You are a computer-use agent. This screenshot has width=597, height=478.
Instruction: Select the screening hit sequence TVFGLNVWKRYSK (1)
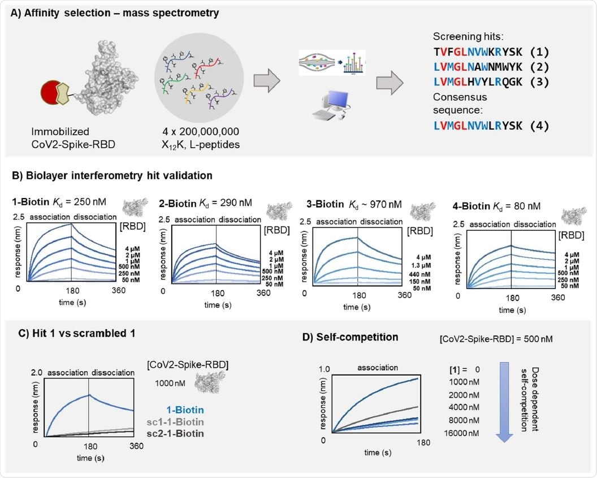pyautogui.click(x=492, y=52)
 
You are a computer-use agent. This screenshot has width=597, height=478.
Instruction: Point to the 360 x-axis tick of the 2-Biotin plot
pyautogui.click(x=263, y=293)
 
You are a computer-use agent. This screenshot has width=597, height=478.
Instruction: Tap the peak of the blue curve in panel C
pyautogui.click(x=89, y=394)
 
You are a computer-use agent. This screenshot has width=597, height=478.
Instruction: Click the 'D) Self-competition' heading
pyautogui.click(x=350, y=337)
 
